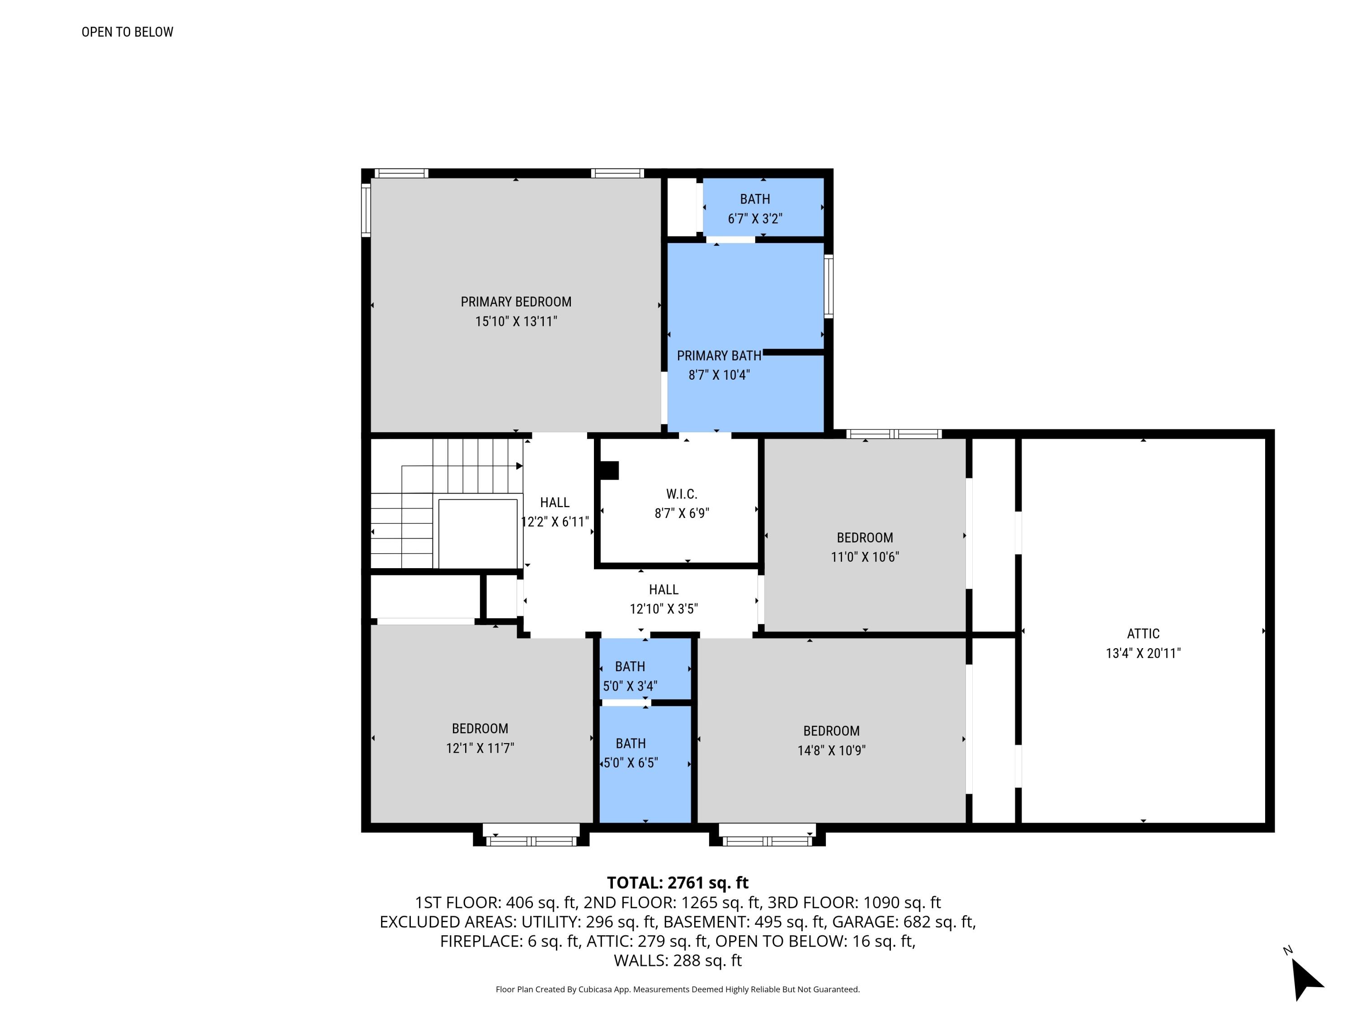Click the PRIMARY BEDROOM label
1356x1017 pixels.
pyautogui.click(x=516, y=301)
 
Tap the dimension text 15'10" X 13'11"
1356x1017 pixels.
pyautogui.click(x=516, y=321)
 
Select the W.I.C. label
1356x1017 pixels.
pyautogui.click(x=681, y=494)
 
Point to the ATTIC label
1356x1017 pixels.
pyautogui.click(x=1143, y=634)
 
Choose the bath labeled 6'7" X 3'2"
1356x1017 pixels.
pyautogui.click(x=755, y=208)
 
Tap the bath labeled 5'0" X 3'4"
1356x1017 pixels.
pyautogui.click(x=630, y=676)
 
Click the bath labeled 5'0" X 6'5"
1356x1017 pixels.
pyautogui.click(x=630, y=753)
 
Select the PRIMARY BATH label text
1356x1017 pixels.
pyautogui.click(x=719, y=356)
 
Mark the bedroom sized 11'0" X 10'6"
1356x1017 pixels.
pyautogui.click(x=864, y=547)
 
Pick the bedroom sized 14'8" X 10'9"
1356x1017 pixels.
pyautogui.click(x=831, y=740)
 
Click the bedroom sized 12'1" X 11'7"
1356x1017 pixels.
pyautogui.click(x=480, y=738)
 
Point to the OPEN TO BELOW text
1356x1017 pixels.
pyautogui.click(x=127, y=32)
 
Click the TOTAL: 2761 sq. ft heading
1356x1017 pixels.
pyautogui.click(x=678, y=883)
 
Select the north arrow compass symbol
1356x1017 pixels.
pyautogui.click(x=1306, y=981)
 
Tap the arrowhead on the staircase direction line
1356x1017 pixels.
pyautogui.click(x=519, y=466)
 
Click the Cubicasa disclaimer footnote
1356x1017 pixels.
pyautogui.click(x=678, y=989)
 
